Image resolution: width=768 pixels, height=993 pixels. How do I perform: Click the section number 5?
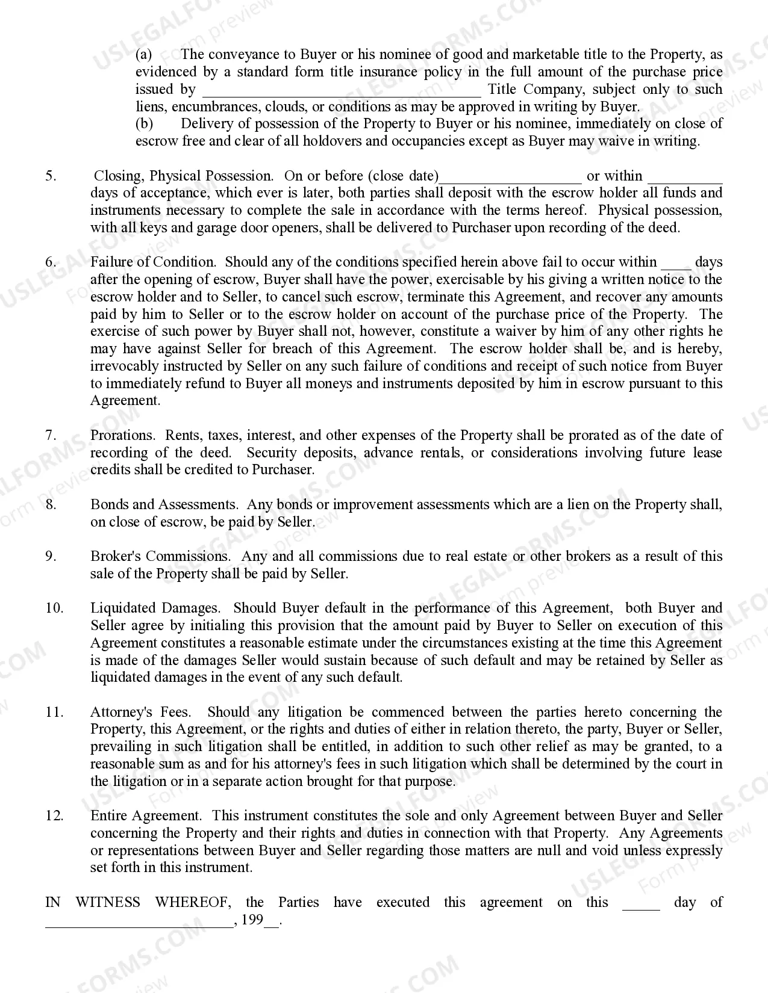(51, 176)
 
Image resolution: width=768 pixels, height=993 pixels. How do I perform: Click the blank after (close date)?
(511, 178)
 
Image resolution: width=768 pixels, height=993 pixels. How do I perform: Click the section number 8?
(51, 504)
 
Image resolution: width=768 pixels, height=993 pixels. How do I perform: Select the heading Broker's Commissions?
(160, 556)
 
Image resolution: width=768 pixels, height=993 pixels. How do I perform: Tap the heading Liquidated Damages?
(155, 608)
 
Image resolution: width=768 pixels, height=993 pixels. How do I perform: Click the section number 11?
(54, 712)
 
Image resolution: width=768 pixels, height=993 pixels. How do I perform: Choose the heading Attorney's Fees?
(140, 712)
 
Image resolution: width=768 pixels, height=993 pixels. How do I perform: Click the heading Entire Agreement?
(145, 816)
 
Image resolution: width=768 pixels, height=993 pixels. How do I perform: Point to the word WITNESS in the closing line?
(107, 902)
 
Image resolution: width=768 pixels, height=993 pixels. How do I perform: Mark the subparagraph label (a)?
(143, 55)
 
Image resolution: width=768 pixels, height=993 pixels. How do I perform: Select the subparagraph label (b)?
(144, 124)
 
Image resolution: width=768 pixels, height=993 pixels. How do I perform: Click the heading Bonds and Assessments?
(163, 504)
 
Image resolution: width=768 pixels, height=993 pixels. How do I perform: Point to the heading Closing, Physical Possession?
(183, 176)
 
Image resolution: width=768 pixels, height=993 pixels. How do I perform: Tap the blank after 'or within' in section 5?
(685, 178)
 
